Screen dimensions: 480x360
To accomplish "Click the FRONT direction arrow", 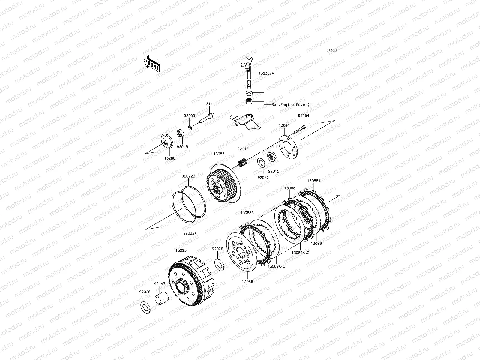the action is point(152,64).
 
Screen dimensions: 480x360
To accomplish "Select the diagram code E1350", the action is point(331,50).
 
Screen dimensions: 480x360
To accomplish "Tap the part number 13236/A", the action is point(266,73).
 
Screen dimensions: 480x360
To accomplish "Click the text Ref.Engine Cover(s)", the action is point(292,105).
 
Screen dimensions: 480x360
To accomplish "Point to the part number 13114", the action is point(209,104).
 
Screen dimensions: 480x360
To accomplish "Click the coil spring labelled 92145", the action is point(242,162).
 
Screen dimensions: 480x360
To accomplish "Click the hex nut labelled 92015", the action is point(271,157).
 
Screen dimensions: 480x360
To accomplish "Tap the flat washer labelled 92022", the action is point(261,163).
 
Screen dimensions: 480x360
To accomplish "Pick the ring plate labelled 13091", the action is point(288,147).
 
